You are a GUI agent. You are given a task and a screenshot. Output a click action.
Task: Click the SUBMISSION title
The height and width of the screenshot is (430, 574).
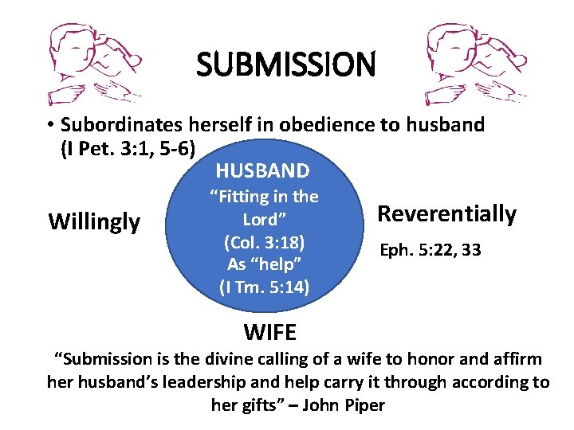[285, 64]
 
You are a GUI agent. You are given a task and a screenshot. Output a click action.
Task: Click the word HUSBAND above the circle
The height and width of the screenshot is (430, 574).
[262, 170]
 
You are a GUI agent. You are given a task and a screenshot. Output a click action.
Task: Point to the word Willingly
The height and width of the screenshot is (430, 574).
[94, 221]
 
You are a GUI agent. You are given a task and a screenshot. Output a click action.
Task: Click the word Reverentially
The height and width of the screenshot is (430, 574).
[446, 213]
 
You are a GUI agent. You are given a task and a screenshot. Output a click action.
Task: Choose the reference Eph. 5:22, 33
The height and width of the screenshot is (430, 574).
[430, 250]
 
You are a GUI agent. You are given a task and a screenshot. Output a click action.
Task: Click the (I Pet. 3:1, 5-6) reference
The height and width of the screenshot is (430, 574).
[128, 147]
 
